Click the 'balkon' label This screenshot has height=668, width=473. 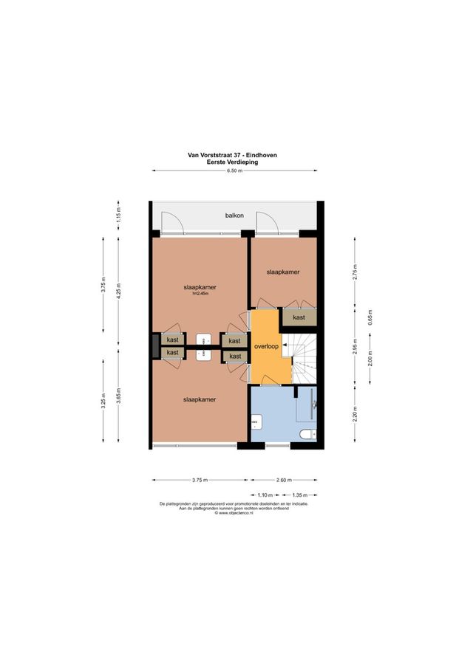234,216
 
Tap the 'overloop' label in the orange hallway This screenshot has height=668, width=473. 265,345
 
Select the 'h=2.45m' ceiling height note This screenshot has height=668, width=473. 200,294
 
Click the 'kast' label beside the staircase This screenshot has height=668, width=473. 299,317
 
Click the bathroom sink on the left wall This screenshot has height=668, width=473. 256,422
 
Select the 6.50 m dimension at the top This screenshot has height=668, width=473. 234,171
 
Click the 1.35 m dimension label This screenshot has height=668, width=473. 300,495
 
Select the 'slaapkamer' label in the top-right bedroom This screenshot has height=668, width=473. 283,272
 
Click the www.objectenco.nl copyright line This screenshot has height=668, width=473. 234,513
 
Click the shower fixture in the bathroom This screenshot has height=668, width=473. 314,404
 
